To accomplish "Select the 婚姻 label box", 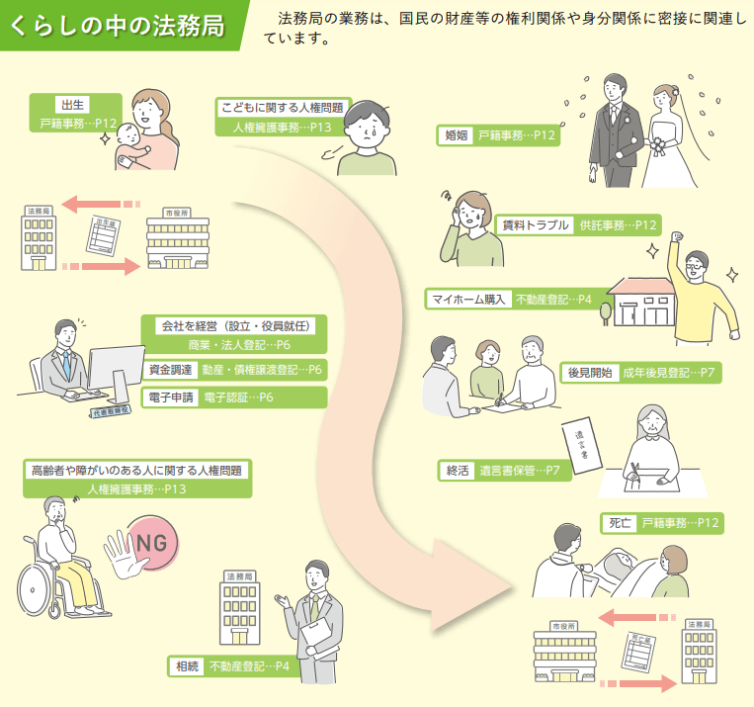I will [457, 135].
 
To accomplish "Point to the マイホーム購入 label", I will [468, 299].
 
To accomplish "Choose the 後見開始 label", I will [590, 373].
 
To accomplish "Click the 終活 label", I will [458, 471].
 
